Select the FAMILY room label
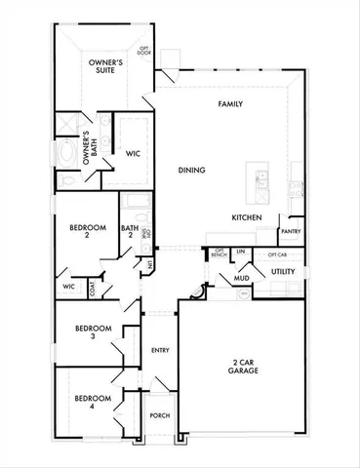tap(230, 102)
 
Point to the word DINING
tap(191, 170)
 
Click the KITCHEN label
tap(246, 217)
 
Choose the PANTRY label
tap(290, 231)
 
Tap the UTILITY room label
tap(283, 271)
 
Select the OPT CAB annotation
tap(276, 253)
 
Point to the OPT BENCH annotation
tap(219, 255)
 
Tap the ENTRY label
tap(160, 350)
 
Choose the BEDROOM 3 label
tap(94, 332)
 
